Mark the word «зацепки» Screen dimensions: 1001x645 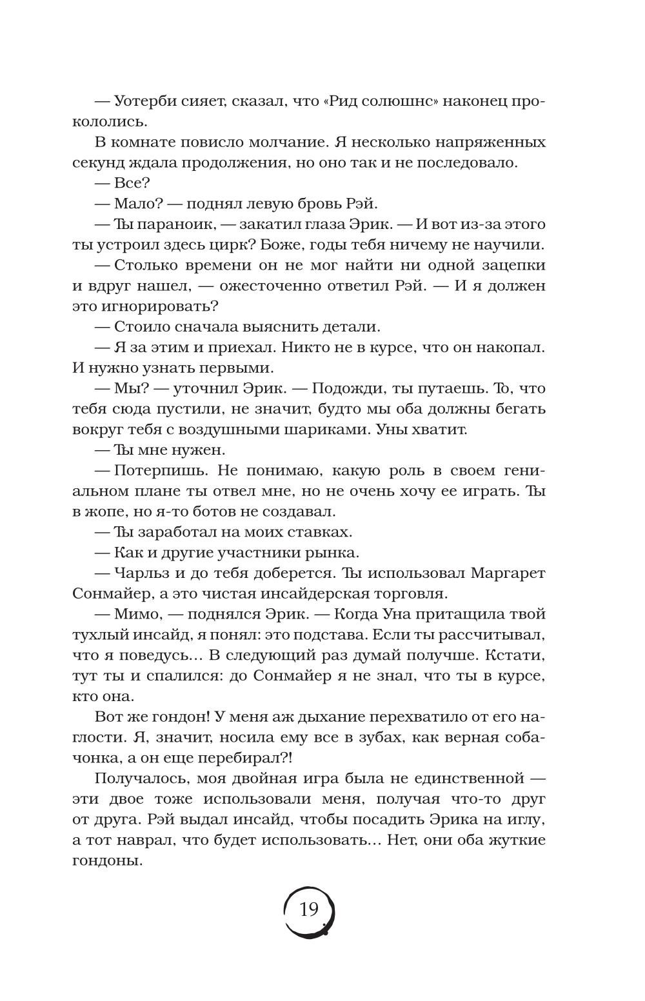tap(506, 265)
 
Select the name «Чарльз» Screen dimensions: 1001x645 tap(140, 573)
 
